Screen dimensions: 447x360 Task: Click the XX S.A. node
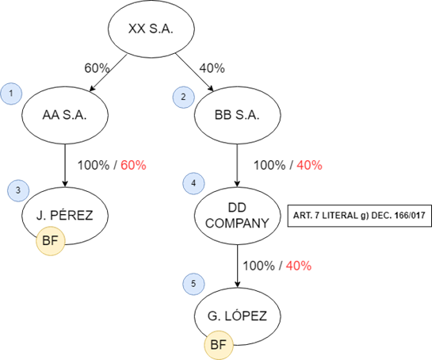click(151, 29)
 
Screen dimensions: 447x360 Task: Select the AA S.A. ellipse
click(65, 115)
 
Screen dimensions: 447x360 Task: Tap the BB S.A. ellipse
click(238, 115)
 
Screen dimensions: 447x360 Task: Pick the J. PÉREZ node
click(65, 216)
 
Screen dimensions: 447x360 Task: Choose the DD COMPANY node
click(238, 216)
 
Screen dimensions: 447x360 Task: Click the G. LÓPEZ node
click(238, 316)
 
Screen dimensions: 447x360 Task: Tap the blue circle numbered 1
click(11, 94)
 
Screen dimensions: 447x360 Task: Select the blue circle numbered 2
click(183, 98)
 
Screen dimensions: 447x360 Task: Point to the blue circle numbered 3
click(18, 190)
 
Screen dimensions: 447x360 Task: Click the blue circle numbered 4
click(193, 183)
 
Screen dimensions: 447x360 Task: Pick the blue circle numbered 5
click(193, 284)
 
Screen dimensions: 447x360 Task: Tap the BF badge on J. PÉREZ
click(51, 241)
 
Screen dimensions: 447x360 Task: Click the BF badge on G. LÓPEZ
click(219, 345)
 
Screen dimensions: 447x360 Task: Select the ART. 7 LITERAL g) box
click(360, 216)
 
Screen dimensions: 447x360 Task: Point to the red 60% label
click(133, 166)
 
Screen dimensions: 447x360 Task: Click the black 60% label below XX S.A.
click(97, 68)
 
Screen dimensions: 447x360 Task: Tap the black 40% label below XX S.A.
click(212, 68)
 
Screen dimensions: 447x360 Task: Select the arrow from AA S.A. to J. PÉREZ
click(65, 166)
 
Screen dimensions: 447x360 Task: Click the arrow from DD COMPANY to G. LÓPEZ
click(238, 266)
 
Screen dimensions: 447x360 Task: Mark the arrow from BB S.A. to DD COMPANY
click(238, 166)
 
